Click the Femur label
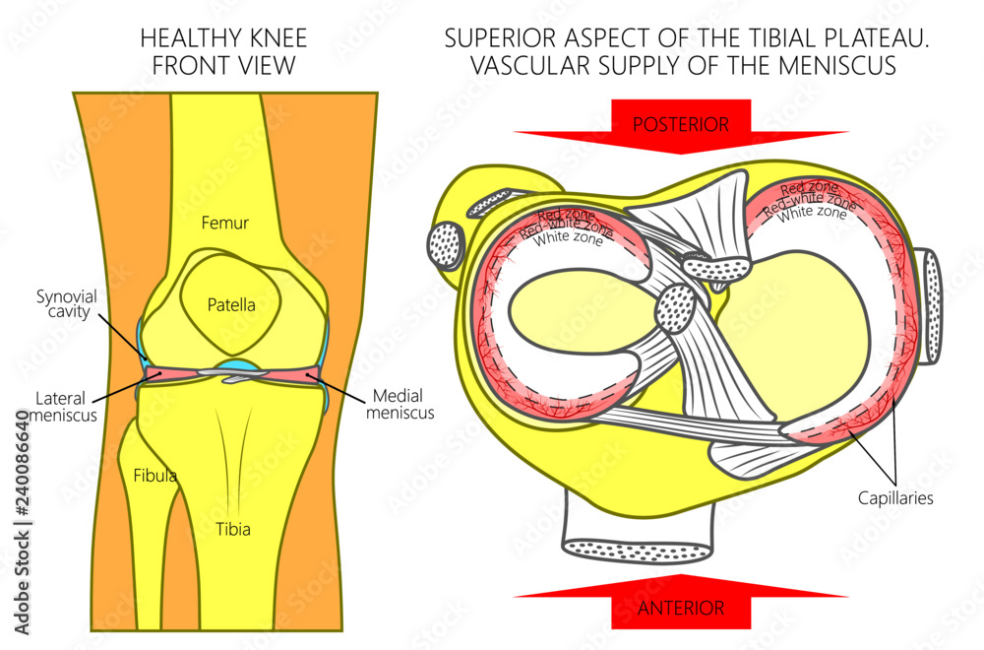[225, 224]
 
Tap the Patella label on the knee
[231, 304]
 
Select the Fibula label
[154, 476]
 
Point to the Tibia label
[233, 529]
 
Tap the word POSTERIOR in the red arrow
[680, 124]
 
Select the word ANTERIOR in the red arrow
[680, 608]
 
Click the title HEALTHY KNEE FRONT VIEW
[223, 51]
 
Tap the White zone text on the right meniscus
[813, 212]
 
